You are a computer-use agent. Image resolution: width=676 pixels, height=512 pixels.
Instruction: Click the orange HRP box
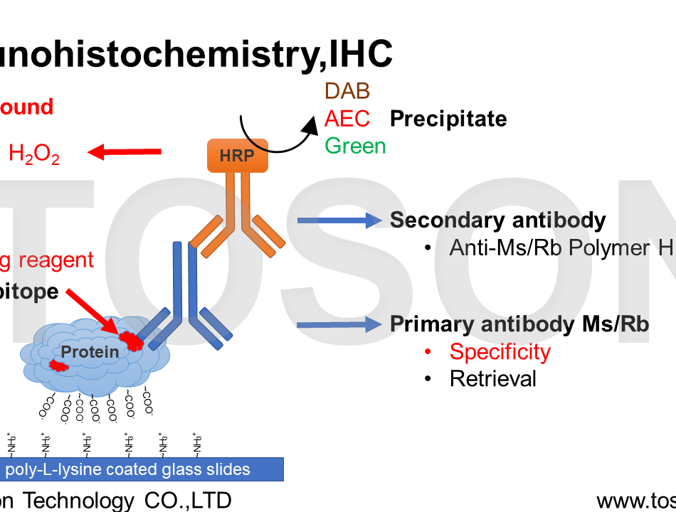point(238,156)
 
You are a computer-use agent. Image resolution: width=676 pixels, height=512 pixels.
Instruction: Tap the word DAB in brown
point(347,91)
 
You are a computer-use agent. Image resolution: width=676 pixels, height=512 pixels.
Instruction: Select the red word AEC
point(347,118)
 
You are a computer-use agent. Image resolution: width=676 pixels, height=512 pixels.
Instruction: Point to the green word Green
point(355,146)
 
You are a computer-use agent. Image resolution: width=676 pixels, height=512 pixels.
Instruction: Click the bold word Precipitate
point(448,119)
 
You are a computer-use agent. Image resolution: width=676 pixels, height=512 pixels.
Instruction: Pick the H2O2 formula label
point(33,154)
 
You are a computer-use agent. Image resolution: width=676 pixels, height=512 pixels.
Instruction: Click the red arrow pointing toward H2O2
point(124,151)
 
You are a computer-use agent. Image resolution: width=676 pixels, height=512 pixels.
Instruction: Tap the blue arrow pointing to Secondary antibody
point(339,220)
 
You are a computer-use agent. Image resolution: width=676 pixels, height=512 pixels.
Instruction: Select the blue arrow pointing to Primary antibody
point(339,325)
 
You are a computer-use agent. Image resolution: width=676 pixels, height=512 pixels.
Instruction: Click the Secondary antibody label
point(497,220)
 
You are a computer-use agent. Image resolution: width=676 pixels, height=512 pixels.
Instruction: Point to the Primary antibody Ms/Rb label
point(519,324)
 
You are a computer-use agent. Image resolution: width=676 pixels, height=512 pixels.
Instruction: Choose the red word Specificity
point(500,351)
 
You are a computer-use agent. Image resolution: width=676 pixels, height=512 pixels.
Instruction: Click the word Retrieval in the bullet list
point(492,378)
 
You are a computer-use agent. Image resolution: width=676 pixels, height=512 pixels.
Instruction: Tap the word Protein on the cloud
point(90,351)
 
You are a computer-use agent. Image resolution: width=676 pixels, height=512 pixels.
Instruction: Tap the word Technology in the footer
point(78,500)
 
